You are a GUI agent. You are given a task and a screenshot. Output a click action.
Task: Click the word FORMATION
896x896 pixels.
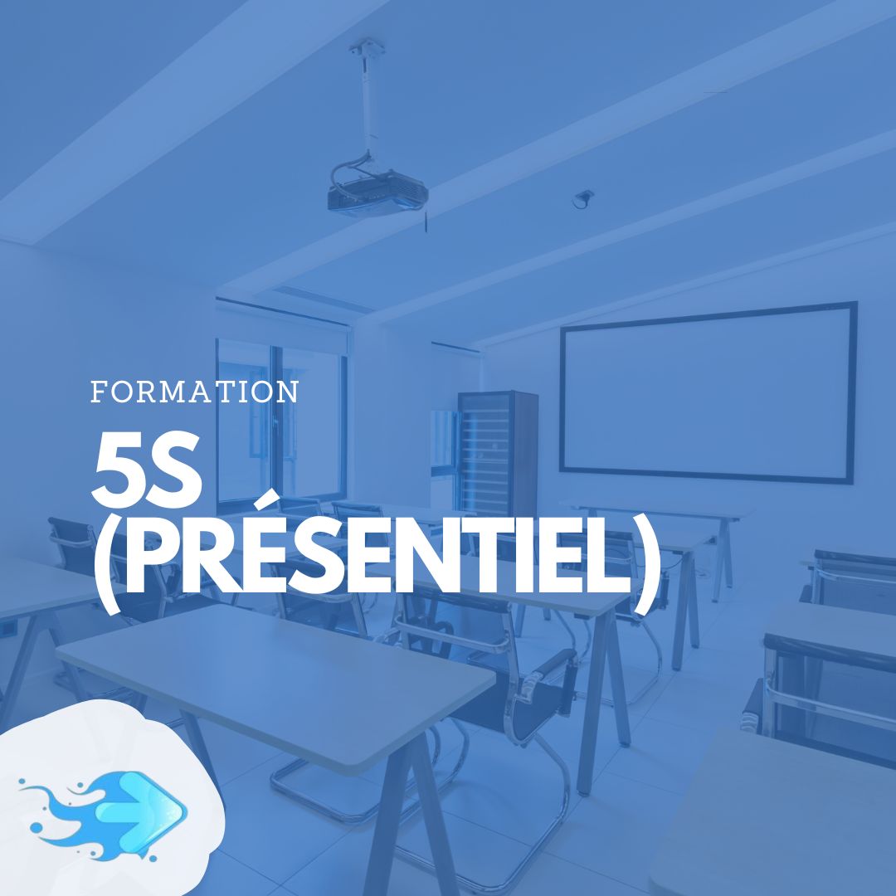[x=195, y=392]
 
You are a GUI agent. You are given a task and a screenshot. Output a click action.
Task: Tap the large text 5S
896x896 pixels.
[x=147, y=470]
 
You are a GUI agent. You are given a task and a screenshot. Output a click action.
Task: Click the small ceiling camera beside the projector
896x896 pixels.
[x=583, y=199]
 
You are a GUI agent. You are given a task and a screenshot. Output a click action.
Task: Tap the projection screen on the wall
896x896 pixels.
[x=708, y=392]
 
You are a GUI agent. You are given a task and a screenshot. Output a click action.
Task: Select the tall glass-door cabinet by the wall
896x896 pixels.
[x=498, y=455]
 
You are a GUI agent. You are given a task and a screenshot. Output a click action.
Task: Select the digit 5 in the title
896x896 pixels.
[x=118, y=470]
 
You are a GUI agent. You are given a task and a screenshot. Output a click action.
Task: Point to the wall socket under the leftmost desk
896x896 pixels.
[x=8, y=630]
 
